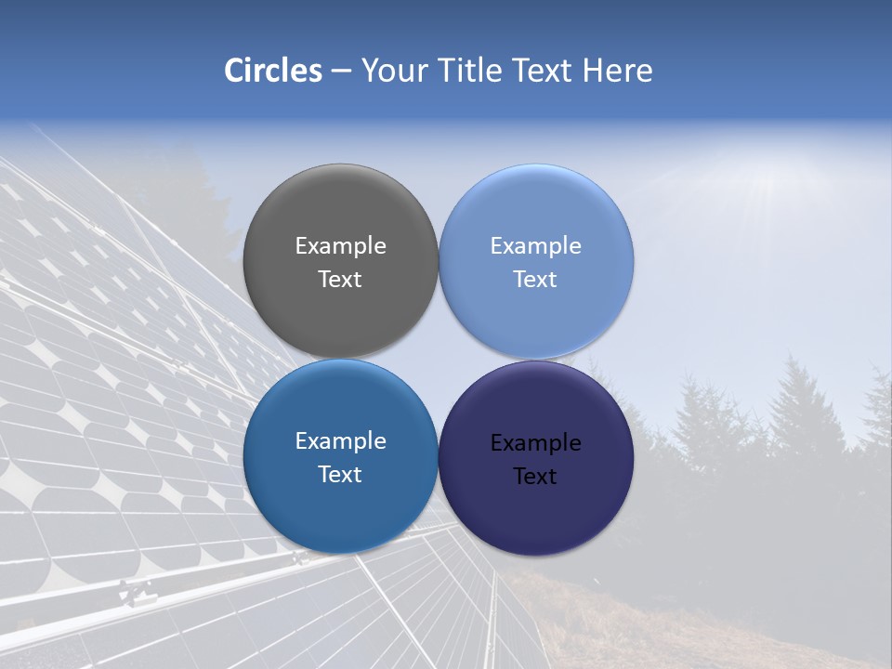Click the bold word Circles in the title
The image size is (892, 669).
pyautogui.click(x=273, y=71)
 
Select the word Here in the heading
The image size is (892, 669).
pyautogui.click(x=617, y=71)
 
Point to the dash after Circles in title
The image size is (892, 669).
pyautogui.click(x=341, y=72)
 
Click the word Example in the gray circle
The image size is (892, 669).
pyautogui.click(x=340, y=246)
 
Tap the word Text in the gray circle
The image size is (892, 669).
pyautogui.click(x=340, y=280)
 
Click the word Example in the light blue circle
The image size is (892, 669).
pyautogui.click(x=535, y=246)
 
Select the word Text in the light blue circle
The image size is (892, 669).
pyautogui.click(x=535, y=280)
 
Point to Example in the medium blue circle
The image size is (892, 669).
pyautogui.click(x=340, y=441)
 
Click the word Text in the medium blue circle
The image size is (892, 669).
pyautogui.click(x=340, y=475)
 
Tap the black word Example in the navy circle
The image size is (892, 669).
pyautogui.click(x=535, y=443)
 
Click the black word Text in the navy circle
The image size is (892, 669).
pyautogui.click(x=535, y=477)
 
